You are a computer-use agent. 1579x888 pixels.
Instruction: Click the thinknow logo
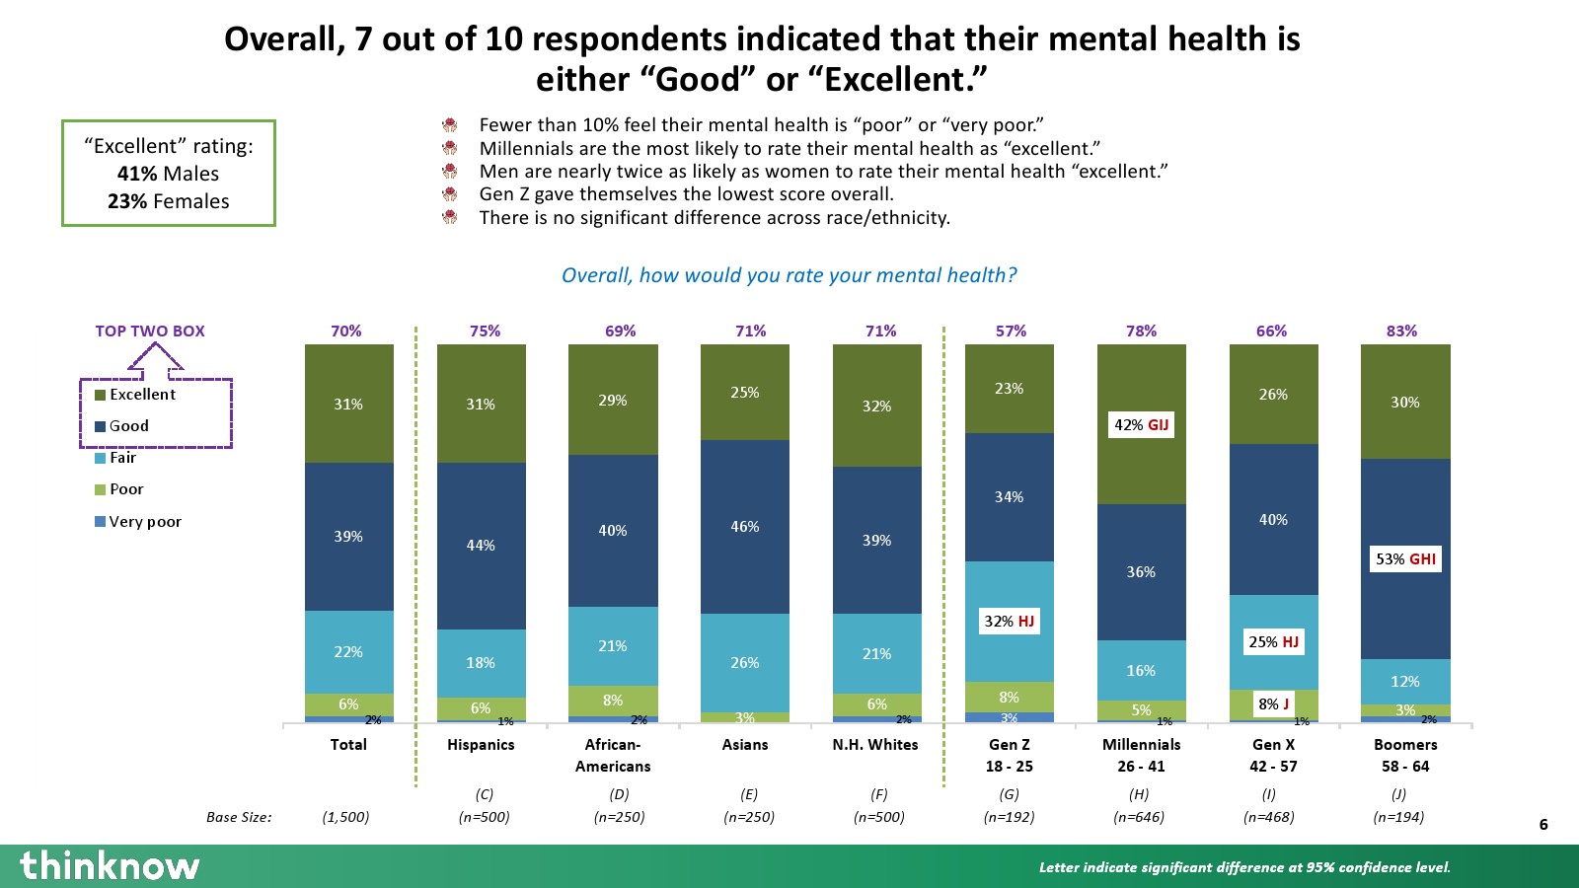tap(110, 865)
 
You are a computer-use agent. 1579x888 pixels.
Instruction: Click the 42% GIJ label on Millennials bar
tap(1141, 425)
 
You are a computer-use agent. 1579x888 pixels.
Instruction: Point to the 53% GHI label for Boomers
tap(1405, 559)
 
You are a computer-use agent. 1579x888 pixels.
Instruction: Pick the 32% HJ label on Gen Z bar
tap(1009, 622)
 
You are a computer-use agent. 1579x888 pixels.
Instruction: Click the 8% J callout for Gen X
tap(1273, 703)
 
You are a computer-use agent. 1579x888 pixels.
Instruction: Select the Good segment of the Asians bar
tap(745, 527)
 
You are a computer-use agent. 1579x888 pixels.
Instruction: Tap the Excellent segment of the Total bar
tap(348, 404)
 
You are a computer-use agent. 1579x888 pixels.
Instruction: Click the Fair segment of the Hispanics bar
tap(481, 663)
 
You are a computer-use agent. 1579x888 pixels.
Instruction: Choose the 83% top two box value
tap(1401, 332)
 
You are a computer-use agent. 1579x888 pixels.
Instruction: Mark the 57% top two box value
tap(1011, 332)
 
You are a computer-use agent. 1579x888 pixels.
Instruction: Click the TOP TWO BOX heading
tap(150, 332)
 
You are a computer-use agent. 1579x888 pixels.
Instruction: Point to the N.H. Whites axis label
tap(875, 745)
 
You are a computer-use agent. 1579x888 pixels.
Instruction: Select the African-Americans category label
tap(613, 755)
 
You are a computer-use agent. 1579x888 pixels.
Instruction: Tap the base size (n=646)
tap(1139, 817)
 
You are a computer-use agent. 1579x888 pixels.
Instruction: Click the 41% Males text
tap(168, 174)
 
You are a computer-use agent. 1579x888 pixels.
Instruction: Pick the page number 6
tap(1543, 825)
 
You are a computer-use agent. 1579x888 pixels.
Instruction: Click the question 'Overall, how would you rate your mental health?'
tap(789, 275)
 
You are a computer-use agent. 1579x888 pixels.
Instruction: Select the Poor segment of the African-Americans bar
tap(613, 701)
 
